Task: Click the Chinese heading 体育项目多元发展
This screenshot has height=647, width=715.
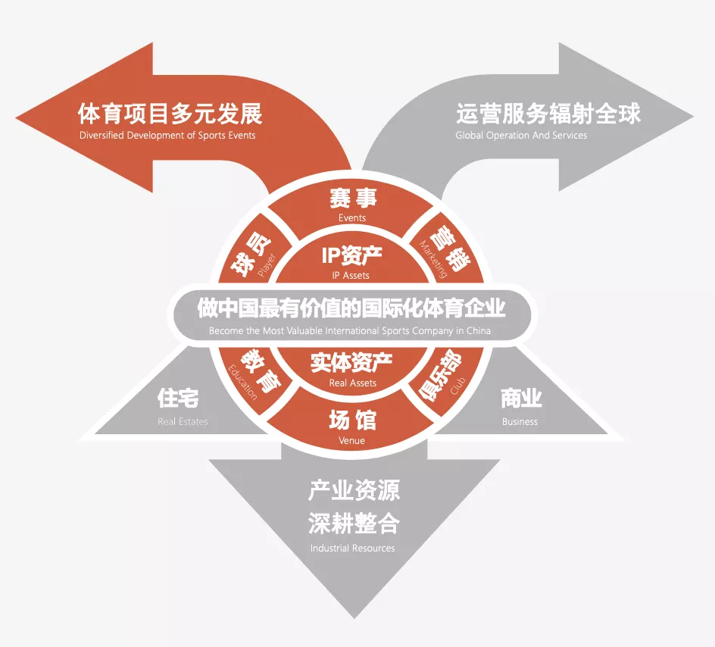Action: click(x=170, y=114)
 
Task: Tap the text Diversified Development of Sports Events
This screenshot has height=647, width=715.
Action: click(x=167, y=136)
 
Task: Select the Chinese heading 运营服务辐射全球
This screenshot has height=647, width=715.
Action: click(x=548, y=114)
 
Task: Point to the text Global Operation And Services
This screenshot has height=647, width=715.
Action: click(x=521, y=136)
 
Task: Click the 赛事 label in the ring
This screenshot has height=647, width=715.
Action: click(x=352, y=198)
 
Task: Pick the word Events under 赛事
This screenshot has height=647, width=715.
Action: click(x=352, y=218)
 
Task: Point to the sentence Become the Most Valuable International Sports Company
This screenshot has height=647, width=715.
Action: click(x=350, y=331)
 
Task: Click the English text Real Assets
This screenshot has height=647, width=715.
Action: click(x=352, y=383)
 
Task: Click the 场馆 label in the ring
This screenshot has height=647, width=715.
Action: click(x=352, y=420)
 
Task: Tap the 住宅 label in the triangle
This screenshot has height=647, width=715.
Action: click(x=178, y=399)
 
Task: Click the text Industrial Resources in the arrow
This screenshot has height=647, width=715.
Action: click(x=352, y=548)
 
